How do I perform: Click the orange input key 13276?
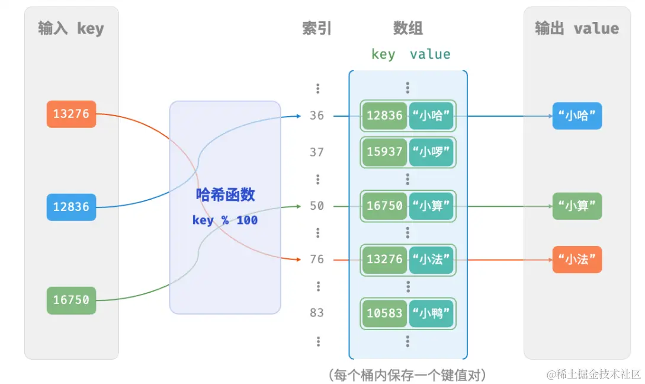(71, 114)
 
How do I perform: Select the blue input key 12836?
(71, 207)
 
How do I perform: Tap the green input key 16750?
(71, 300)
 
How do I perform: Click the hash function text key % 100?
(224, 220)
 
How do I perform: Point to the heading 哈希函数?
(225, 195)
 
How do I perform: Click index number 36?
(317, 116)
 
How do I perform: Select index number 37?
(317, 152)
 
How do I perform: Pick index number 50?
(317, 206)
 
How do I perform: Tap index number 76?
(317, 259)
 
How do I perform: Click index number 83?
(317, 312)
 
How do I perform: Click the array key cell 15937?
(384, 152)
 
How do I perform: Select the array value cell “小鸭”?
(432, 313)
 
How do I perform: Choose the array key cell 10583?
(384, 313)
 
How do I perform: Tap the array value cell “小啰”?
(432, 152)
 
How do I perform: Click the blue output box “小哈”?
(577, 116)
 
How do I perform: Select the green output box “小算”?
(577, 206)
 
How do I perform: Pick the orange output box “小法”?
(577, 260)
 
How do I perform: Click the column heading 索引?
(317, 28)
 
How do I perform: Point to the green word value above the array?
(430, 55)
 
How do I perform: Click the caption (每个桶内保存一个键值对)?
(407, 375)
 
